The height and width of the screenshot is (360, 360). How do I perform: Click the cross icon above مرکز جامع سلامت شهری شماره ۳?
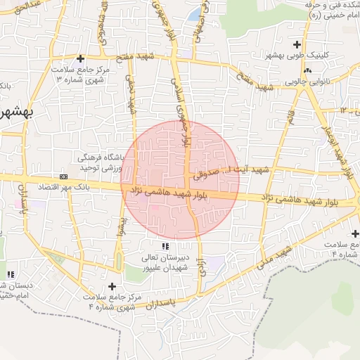click(x=81, y=58)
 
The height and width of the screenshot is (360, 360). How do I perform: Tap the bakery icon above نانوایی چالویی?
click(x=307, y=70)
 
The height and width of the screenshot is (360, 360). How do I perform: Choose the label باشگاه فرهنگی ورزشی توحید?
click(x=103, y=161)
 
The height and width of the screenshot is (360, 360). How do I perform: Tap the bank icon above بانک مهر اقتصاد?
click(x=64, y=176)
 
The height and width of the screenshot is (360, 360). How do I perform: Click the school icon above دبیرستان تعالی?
click(x=165, y=247)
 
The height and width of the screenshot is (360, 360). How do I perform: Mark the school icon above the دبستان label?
click(x=10, y=274)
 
